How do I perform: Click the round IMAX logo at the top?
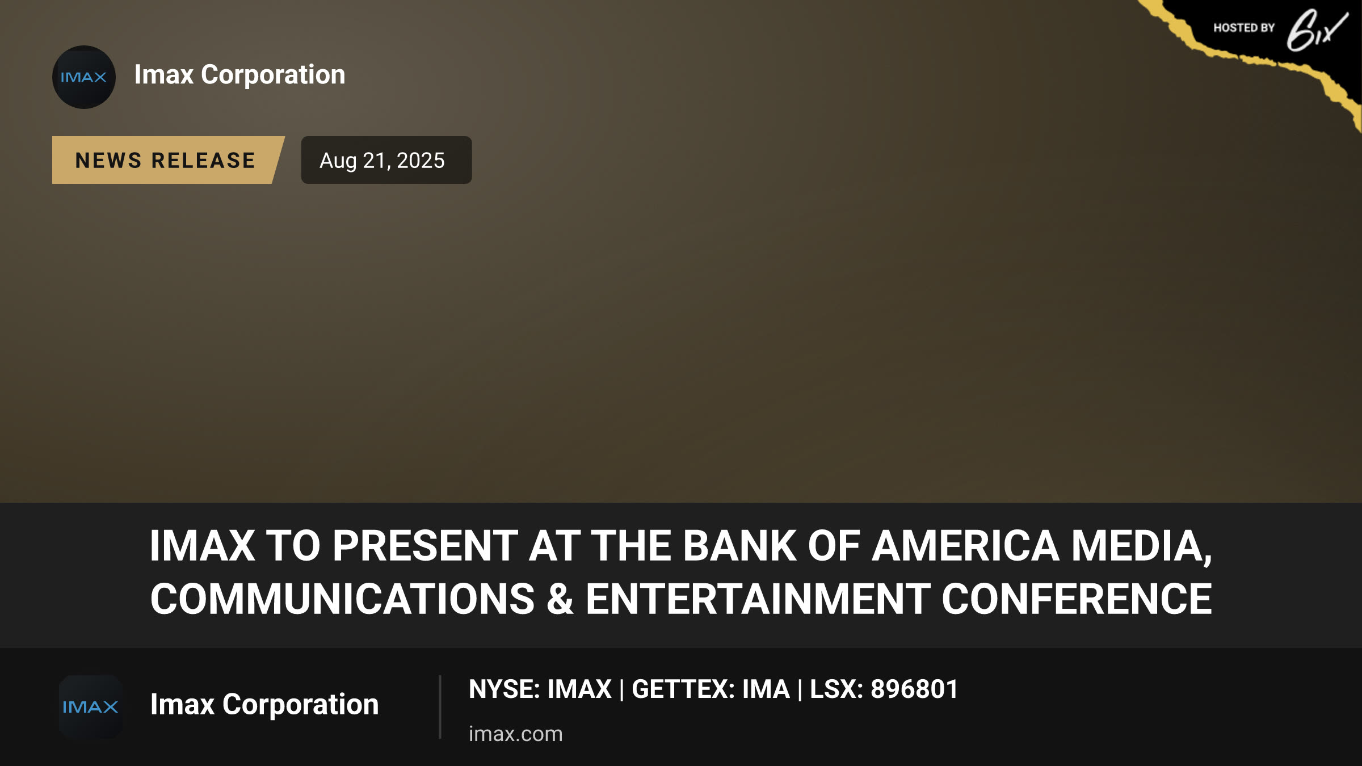(x=84, y=77)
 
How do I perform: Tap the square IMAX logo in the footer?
(x=91, y=706)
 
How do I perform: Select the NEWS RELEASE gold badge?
(x=168, y=160)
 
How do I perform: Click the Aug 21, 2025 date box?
(x=386, y=160)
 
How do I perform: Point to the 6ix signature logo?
(x=1317, y=30)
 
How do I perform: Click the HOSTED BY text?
(x=1244, y=28)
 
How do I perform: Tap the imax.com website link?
(x=515, y=734)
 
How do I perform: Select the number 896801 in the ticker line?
(x=914, y=689)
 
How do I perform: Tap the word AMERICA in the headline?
(x=965, y=546)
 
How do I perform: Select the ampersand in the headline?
(x=560, y=599)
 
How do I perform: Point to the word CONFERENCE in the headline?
(x=1077, y=599)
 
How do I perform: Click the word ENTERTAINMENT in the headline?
(x=758, y=599)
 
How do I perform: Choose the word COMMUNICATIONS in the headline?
(x=342, y=599)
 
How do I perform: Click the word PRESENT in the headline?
(x=425, y=546)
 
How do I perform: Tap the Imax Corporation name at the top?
(x=239, y=75)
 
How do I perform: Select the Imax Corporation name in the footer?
(x=264, y=705)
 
